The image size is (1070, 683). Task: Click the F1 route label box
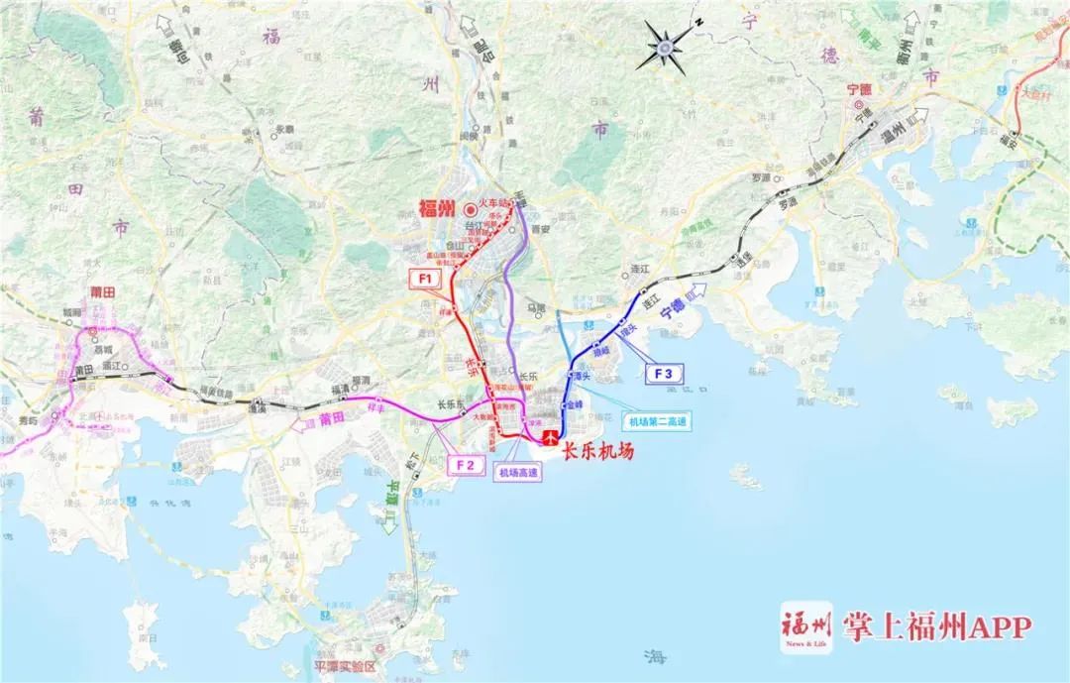pos(426,279)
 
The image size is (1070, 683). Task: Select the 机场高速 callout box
pos(518,474)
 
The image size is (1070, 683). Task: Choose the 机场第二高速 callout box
pos(654,422)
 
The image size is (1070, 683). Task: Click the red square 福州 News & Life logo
pos(807,626)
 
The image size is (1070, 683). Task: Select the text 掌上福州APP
pos(936,626)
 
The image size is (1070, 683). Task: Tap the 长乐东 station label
pos(451,404)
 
